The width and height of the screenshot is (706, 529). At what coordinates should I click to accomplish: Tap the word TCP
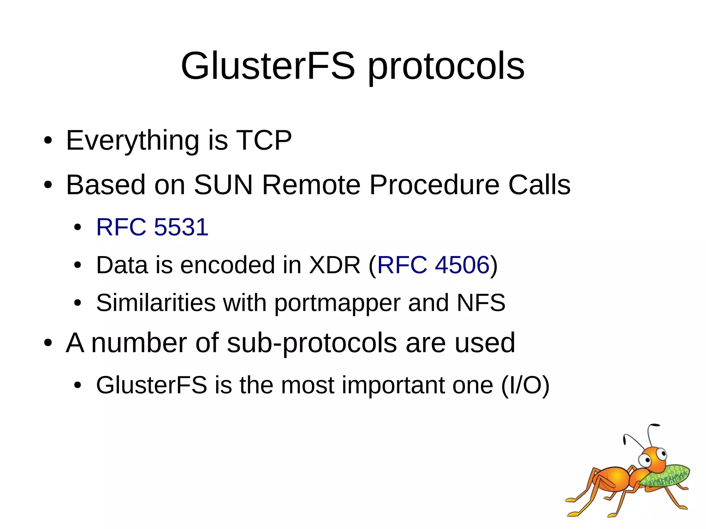264,140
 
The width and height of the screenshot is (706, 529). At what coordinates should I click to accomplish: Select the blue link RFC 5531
152,227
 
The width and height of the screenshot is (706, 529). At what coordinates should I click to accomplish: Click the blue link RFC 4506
433,265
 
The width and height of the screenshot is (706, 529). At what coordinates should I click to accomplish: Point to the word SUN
223,185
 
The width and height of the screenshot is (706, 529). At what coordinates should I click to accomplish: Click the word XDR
334,265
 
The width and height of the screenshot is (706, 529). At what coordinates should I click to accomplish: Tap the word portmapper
337,303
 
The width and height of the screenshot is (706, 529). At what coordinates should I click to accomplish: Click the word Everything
132,141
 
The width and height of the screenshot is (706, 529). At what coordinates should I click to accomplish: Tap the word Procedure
434,185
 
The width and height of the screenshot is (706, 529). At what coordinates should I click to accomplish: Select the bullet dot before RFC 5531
78,227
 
